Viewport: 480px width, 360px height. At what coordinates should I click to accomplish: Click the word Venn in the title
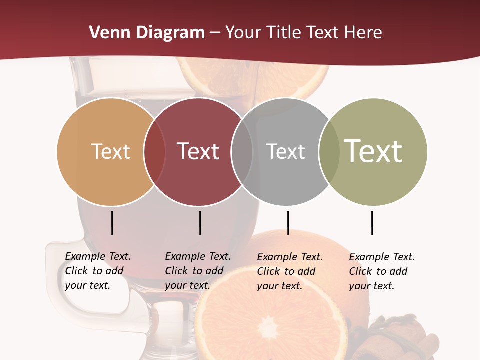coord(110,33)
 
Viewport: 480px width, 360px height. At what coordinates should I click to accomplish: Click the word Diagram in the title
coord(170,33)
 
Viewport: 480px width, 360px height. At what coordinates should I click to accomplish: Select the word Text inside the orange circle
coord(110,151)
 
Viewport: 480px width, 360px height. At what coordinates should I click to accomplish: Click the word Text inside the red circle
coord(198,151)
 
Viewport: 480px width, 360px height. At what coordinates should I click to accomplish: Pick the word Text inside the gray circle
coord(285,151)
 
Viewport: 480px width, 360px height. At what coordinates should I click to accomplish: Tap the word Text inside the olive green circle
coord(373,151)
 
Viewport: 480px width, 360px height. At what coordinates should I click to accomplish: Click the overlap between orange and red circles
coord(155,151)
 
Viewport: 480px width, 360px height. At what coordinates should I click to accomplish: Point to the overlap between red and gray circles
coord(242,151)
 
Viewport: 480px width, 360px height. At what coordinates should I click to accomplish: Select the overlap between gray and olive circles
coord(329,151)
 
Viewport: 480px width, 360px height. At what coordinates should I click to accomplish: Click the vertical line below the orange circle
coord(112,223)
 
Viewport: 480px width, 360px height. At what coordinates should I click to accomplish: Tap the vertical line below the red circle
coord(200,223)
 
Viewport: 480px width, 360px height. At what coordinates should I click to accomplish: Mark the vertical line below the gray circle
coord(288,223)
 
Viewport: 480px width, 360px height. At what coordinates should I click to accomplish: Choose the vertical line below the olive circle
coord(372,223)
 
